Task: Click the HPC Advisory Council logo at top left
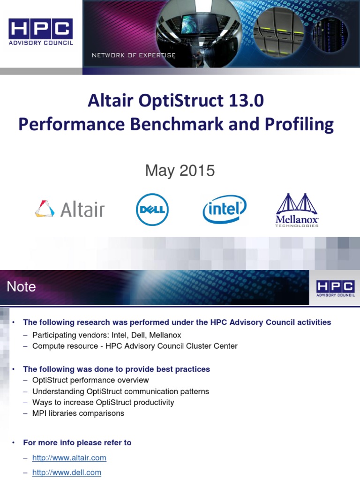[x=41, y=32]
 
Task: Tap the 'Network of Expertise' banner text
[x=134, y=55]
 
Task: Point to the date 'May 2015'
[x=180, y=170]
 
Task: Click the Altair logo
[x=70, y=209]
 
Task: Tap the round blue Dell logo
[x=152, y=210]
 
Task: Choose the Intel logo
[x=225, y=209]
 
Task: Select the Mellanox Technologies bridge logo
[x=297, y=210]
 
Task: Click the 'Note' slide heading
[x=21, y=286]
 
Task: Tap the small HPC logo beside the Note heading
[x=335, y=288]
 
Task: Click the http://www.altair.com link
[x=69, y=457]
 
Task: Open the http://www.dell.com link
[x=67, y=472]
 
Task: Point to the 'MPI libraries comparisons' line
[x=78, y=413]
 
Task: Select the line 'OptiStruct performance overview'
[x=90, y=380]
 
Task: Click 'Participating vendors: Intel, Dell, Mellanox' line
[x=106, y=335]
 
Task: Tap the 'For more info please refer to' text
[x=77, y=442]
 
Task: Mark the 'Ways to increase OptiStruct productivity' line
[x=103, y=402]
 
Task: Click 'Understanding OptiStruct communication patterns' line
[x=120, y=391]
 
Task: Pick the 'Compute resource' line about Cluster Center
[x=135, y=346]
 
